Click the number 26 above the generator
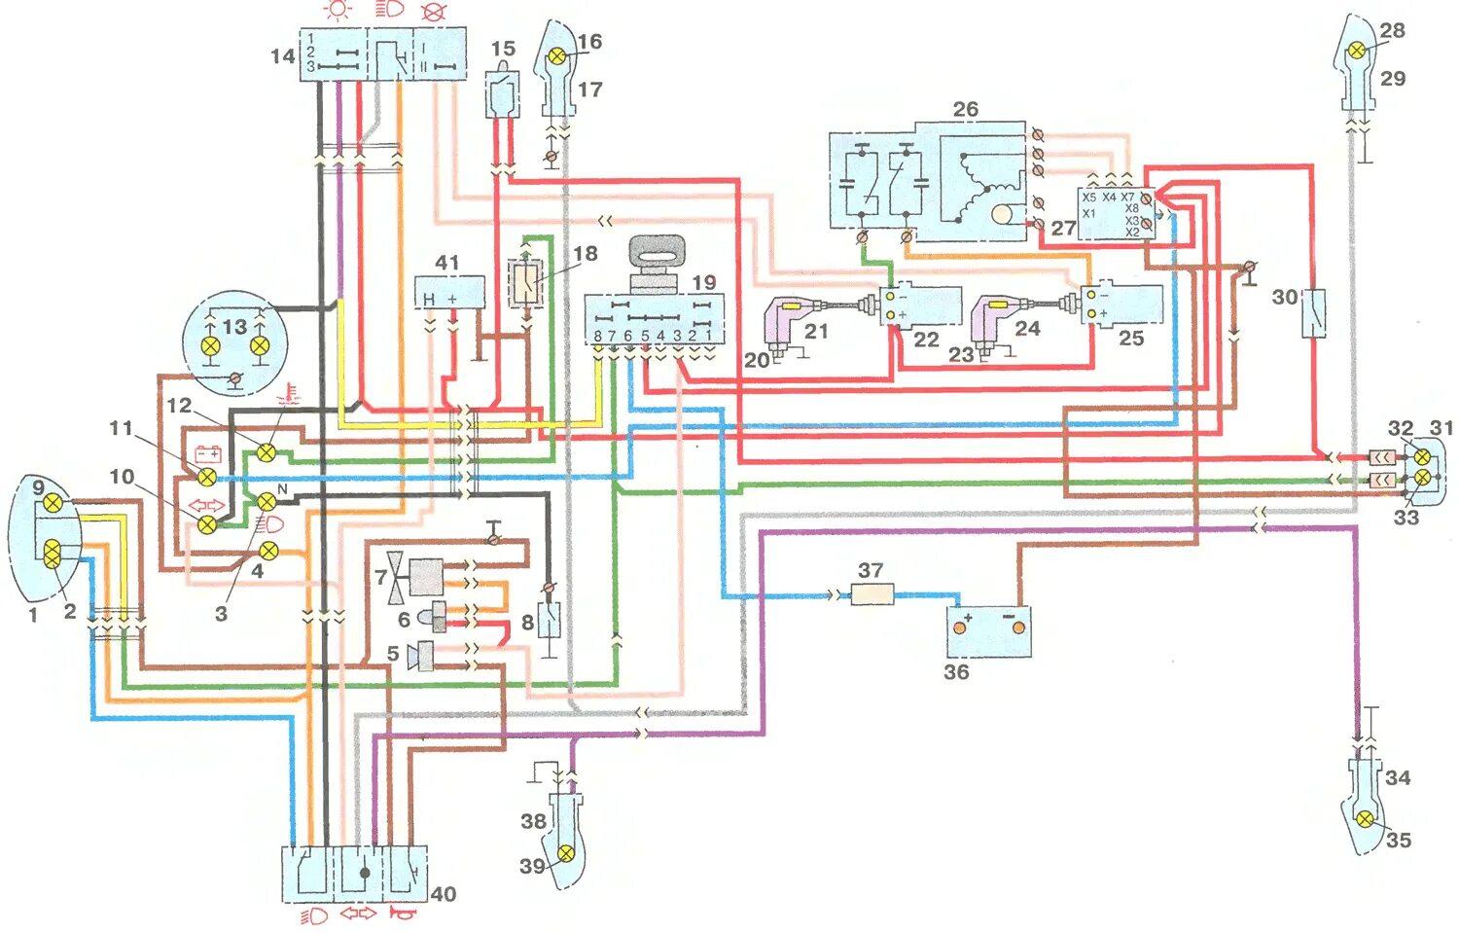pos(965,109)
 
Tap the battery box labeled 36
pos(988,629)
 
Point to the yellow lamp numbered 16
pos(557,56)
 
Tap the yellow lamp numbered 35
pos(1366,820)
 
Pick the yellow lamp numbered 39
pos(565,854)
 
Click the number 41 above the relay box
pos(446,263)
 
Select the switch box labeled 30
pos(1314,312)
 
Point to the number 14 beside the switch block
pos(282,56)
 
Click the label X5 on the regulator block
pos(1089,197)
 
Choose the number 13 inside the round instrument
pos(234,327)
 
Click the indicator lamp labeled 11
pos(207,477)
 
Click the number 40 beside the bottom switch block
pos(443,894)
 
